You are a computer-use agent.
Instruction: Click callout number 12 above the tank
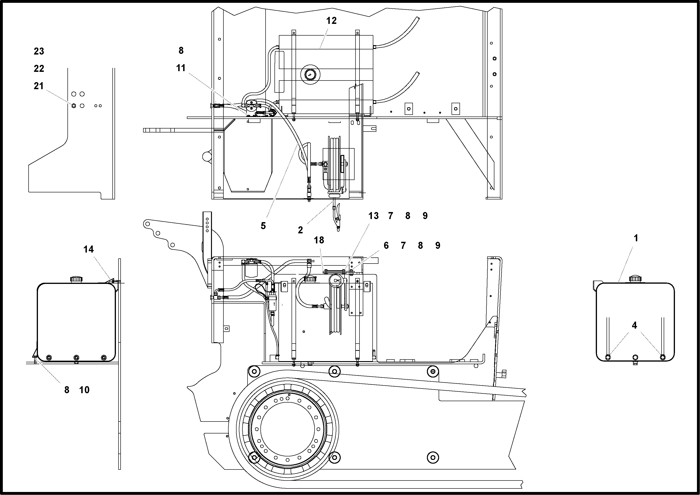(331, 21)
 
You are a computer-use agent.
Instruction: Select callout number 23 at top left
(39, 51)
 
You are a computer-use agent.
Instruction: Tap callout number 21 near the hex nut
(39, 86)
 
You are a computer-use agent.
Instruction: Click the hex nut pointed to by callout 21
(74, 106)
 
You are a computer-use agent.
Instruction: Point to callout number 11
(181, 68)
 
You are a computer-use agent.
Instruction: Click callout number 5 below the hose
(263, 226)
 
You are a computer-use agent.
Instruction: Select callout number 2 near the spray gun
(300, 230)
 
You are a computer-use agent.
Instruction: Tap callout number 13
(373, 216)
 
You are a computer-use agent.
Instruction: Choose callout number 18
(319, 240)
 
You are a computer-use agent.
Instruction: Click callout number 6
(386, 245)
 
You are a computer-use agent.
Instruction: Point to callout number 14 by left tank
(89, 249)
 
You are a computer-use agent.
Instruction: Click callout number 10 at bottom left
(84, 390)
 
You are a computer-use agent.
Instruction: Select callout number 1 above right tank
(636, 238)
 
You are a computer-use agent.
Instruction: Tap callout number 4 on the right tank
(634, 325)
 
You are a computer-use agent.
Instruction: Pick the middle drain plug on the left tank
(76, 357)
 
